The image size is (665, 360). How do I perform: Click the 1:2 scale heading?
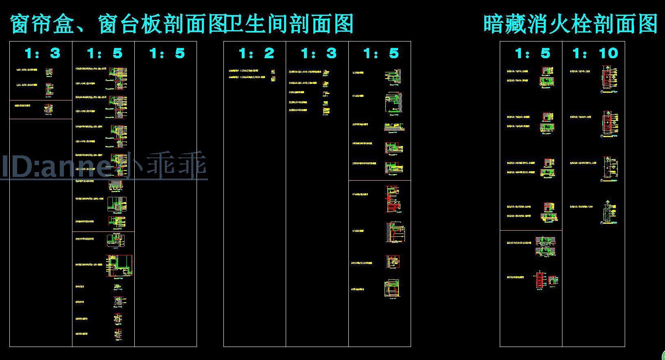pyautogui.click(x=256, y=53)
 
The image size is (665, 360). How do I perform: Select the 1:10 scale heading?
pyautogui.click(x=595, y=53)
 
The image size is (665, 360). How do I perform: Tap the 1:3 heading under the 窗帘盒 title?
pyautogui.click(x=42, y=53)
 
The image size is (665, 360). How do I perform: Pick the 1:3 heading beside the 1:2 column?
pyautogui.click(x=318, y=53)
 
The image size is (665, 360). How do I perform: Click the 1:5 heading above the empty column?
pyautogui.click(x=167, y=53)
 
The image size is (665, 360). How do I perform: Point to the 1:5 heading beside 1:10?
pyautogui.click(x=532, y=53)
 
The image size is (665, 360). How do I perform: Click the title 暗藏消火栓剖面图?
pyautogui.click(x=570, y=24)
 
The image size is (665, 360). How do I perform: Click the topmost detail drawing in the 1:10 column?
pyautogui.click(x=609, y=81)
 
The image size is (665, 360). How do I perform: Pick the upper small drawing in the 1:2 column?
pyautogui.click(x=273, y=72)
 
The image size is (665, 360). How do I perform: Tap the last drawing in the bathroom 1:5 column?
pyautogui.click(x=392, y=288)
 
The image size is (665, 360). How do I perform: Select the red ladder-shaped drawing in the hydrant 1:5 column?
pyautogui.click(x=540, y=280)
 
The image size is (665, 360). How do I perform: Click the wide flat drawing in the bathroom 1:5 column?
pyautogui.click(x=394, y=127)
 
